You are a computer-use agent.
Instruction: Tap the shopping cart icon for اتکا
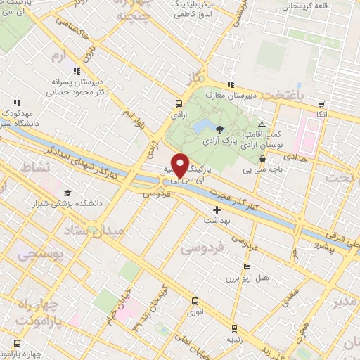tap(321, 103)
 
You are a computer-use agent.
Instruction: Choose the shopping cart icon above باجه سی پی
tap(262, 159)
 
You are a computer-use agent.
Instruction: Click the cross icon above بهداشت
tap(217, 190)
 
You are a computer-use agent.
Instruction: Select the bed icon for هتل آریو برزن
tap(245, 267)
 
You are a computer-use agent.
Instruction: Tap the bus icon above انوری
tap(195, 301)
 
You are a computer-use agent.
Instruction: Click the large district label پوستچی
tap(38, 252)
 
